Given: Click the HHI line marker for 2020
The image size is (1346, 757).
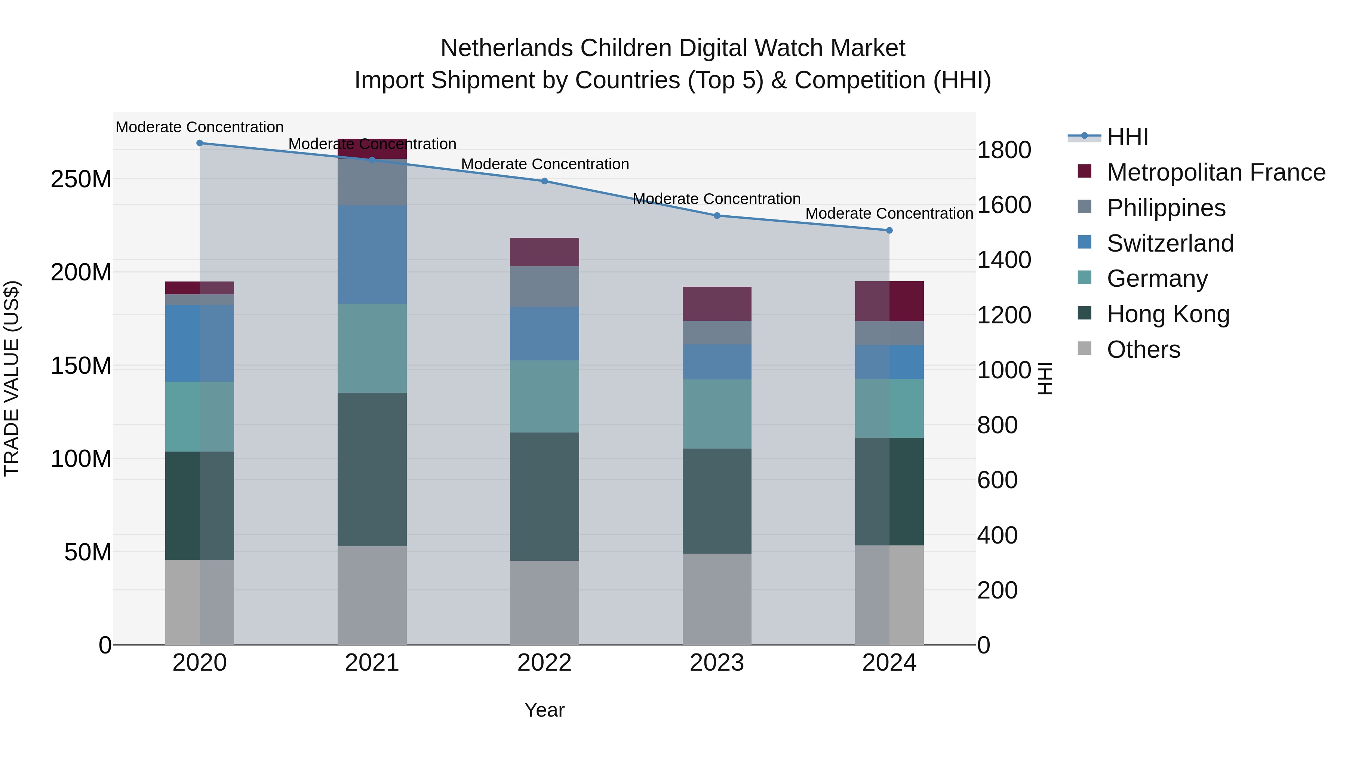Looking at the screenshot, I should pos(200,143).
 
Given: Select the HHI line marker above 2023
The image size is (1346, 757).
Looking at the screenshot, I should pos(717,216).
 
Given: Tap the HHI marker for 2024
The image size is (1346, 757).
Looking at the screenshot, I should pos(889,230).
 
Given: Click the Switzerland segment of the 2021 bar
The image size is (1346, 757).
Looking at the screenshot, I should pos(372,255).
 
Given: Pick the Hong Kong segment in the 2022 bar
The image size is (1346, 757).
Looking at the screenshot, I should pos(544,496).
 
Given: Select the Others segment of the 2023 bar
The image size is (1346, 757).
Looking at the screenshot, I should pos(717,599).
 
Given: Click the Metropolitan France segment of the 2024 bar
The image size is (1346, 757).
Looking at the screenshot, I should pos(889,301).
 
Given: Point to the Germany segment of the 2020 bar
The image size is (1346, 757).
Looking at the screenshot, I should pos(200,416).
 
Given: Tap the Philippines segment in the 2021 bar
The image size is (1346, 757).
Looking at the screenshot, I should pos(372,182).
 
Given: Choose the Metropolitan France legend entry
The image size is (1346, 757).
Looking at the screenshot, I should pos(1216,172).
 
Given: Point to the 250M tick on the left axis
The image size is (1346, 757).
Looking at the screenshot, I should pos(81,179).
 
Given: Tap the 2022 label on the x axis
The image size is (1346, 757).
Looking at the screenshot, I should pos(544,663).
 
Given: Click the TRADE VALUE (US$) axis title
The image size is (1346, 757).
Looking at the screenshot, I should pos(12,378).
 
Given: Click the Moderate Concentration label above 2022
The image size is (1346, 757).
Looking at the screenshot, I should pos(544,164).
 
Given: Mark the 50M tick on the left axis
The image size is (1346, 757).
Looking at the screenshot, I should pos(88,552).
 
